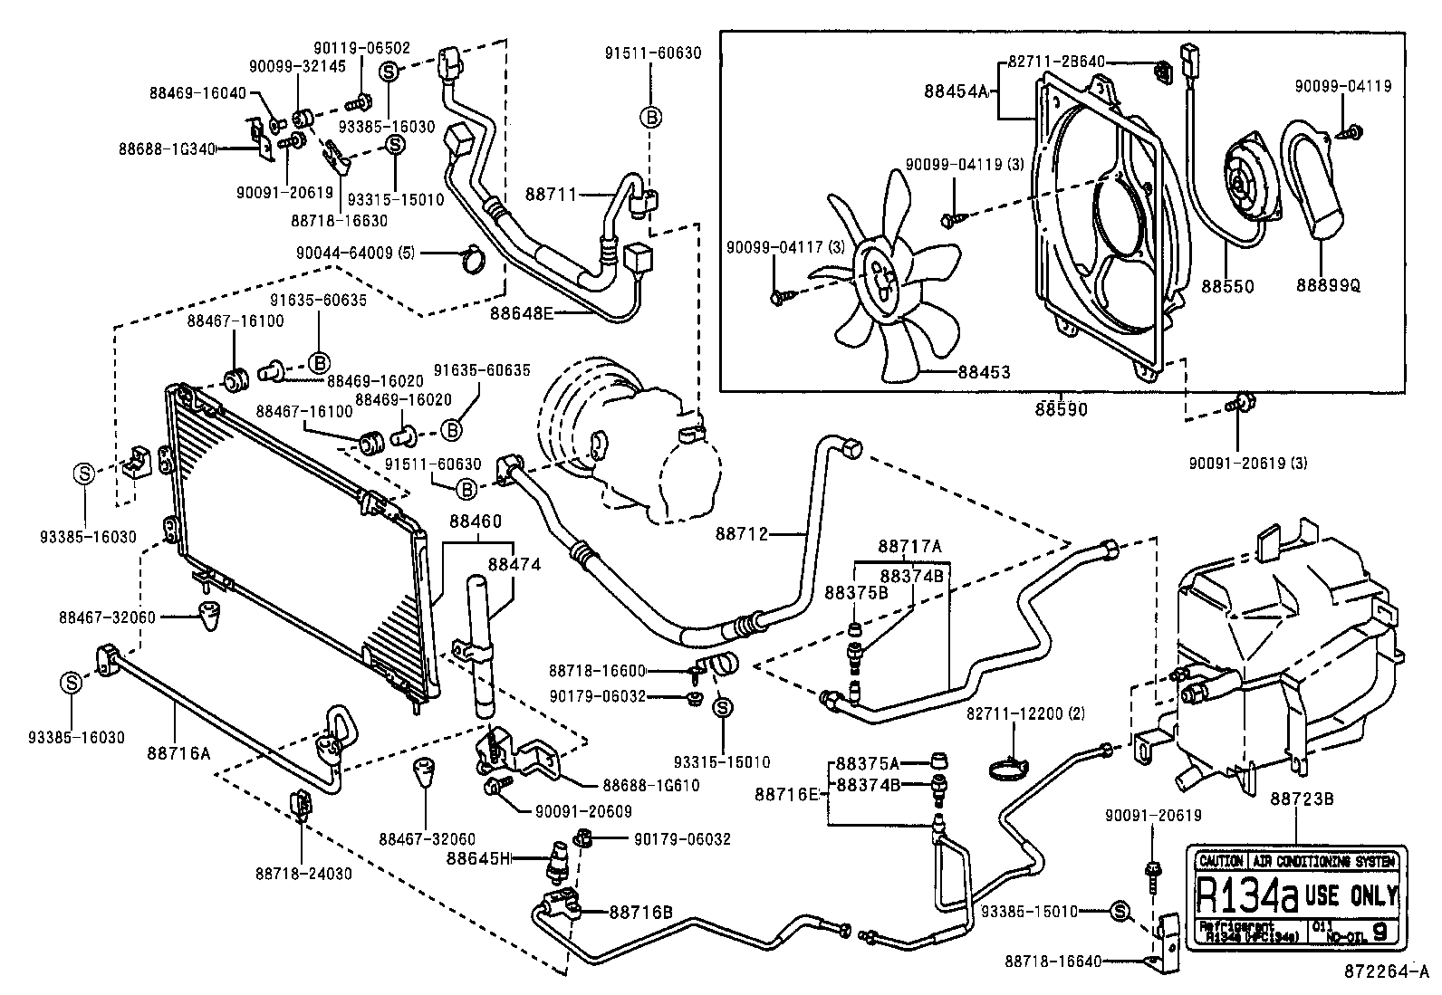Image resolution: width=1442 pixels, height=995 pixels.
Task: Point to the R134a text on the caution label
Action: pos(1247,896)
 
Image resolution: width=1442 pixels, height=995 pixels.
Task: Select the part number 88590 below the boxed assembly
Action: pos(1062,409)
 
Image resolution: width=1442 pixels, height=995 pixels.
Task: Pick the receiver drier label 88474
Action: pos(514,564)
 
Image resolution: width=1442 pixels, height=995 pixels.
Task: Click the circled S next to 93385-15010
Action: pos(1119,912)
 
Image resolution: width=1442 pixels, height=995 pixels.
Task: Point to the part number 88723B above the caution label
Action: pos(1294,799)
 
